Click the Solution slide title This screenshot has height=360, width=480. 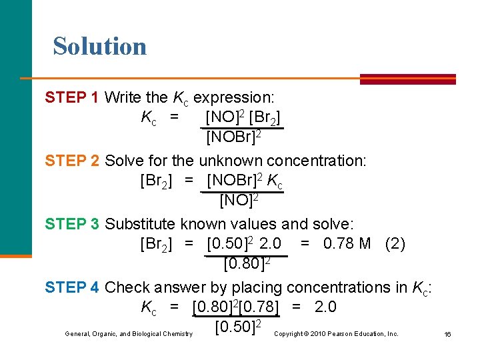[x=100, y=46]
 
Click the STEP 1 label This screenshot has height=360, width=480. [x=72, y=98]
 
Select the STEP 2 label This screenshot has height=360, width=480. [x=72, y=161]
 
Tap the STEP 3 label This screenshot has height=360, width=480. [x=72, y=223]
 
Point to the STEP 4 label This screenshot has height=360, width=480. [x=72, y=287]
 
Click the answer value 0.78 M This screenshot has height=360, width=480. [x=347, y=244]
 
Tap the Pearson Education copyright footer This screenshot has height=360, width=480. [x=336, y=333]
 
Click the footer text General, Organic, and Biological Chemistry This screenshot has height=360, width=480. [x=129, y=333]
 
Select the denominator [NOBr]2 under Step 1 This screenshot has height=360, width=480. [x=233, y=137]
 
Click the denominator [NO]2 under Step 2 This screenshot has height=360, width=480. [x=239, y=200]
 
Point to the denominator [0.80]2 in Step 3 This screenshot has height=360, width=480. [x=246, y=264]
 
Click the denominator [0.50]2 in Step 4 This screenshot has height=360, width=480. [x=237, y=327]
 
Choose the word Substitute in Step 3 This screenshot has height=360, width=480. [x=137, y=223]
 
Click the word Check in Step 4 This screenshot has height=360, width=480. [x=127, y=287]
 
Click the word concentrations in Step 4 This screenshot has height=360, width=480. [x=340, y=287]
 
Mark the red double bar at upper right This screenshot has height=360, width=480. [x=407, y=79]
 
